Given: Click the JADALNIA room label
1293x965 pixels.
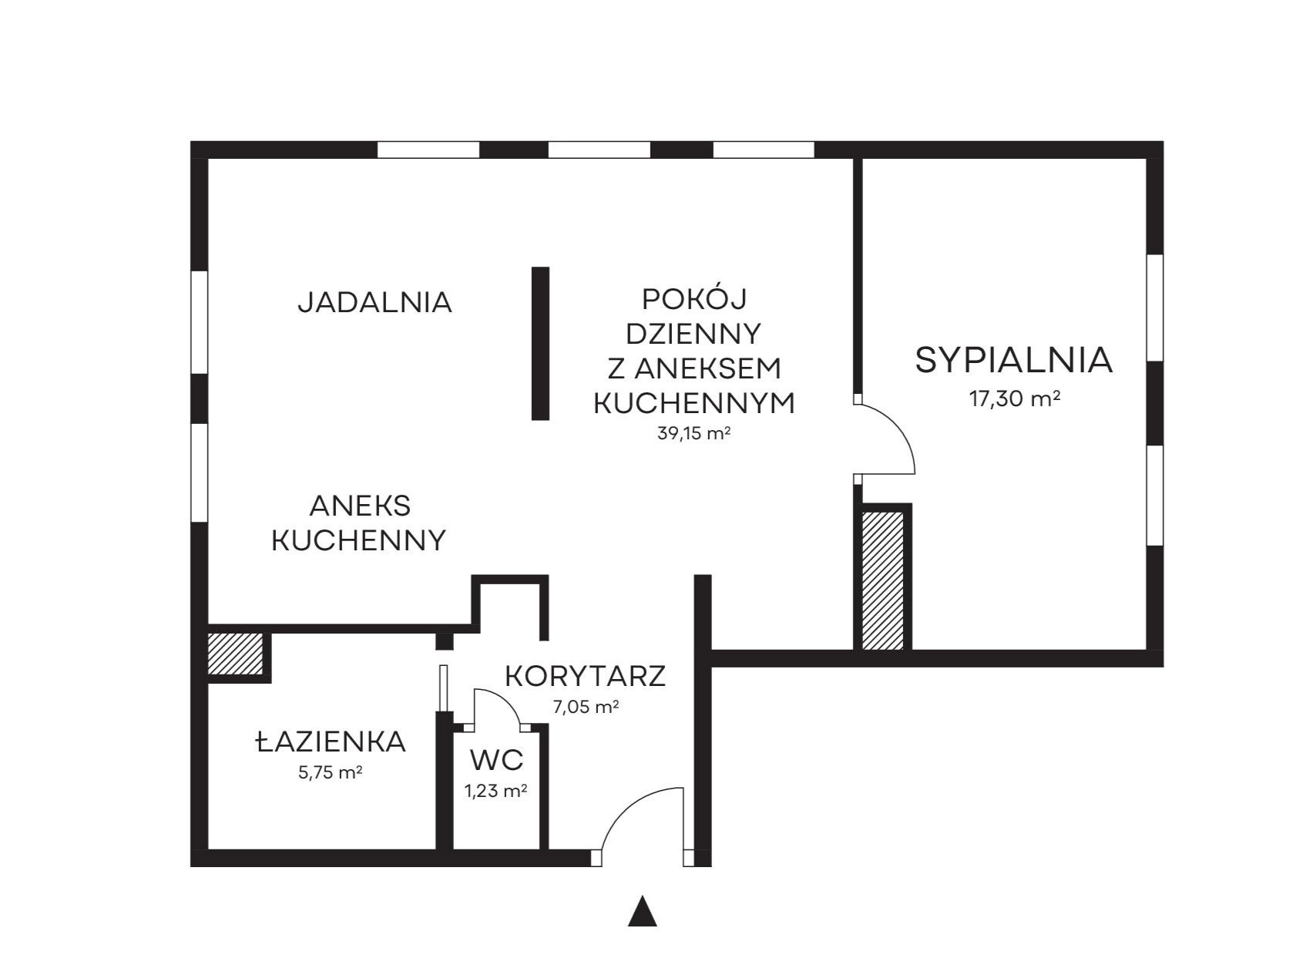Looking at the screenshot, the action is coord(374,302).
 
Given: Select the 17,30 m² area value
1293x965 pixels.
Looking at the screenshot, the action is coord(1015,398).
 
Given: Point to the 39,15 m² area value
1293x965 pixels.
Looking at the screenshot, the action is coord(694,434).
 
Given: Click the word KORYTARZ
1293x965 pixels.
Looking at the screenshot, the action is coord(586,676).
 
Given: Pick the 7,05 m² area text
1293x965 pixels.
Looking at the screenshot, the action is coord(586,706).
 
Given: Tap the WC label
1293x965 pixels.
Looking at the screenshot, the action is coord(496,760).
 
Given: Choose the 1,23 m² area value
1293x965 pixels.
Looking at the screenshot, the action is coord(495,791).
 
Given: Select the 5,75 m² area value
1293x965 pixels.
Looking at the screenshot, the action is coord(330,772).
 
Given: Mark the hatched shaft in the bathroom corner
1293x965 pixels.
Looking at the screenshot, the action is coord(236,654).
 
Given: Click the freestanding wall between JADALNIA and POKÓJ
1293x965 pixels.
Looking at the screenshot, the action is coord(540,344).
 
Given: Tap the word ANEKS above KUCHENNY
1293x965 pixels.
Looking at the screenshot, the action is coord(360,506).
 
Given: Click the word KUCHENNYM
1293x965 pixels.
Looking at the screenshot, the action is coord(694,404).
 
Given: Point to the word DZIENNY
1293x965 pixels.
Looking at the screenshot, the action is coord(694,334).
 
